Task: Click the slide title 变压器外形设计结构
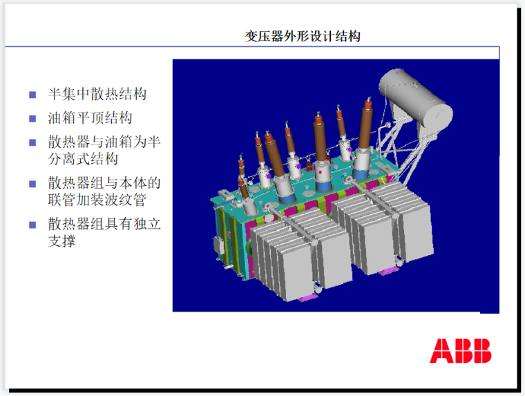(303, 36)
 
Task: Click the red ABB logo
(460, 351)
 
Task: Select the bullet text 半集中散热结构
(97, 94)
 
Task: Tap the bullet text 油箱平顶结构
(90, 118)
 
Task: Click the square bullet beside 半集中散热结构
(32, 95)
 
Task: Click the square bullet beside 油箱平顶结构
(32, 119)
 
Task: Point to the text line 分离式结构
(83, 159)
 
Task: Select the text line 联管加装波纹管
(97, 200)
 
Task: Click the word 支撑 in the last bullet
(61, 241)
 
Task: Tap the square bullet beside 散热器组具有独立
(32, 225)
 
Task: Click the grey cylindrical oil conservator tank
(416, 97)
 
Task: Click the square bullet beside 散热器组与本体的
(32, 184)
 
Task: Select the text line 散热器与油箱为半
(104, 142)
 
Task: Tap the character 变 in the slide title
(251, 36)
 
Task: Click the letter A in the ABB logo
(440, 351)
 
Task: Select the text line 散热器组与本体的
(104, 183)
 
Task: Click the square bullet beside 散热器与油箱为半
(32, 142)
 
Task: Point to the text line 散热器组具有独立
(104, 224)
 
